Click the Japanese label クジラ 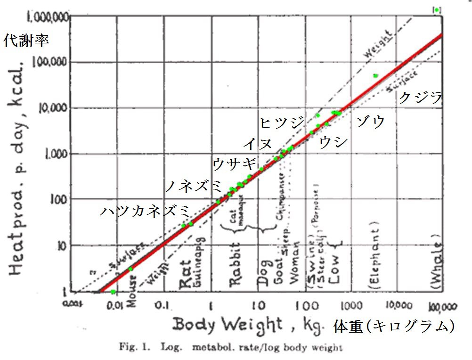coord(421,98)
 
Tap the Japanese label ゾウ coord(371,121)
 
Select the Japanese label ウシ coord(334,141)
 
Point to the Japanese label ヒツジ coord(282,123)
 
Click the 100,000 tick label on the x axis coord(439,307)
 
